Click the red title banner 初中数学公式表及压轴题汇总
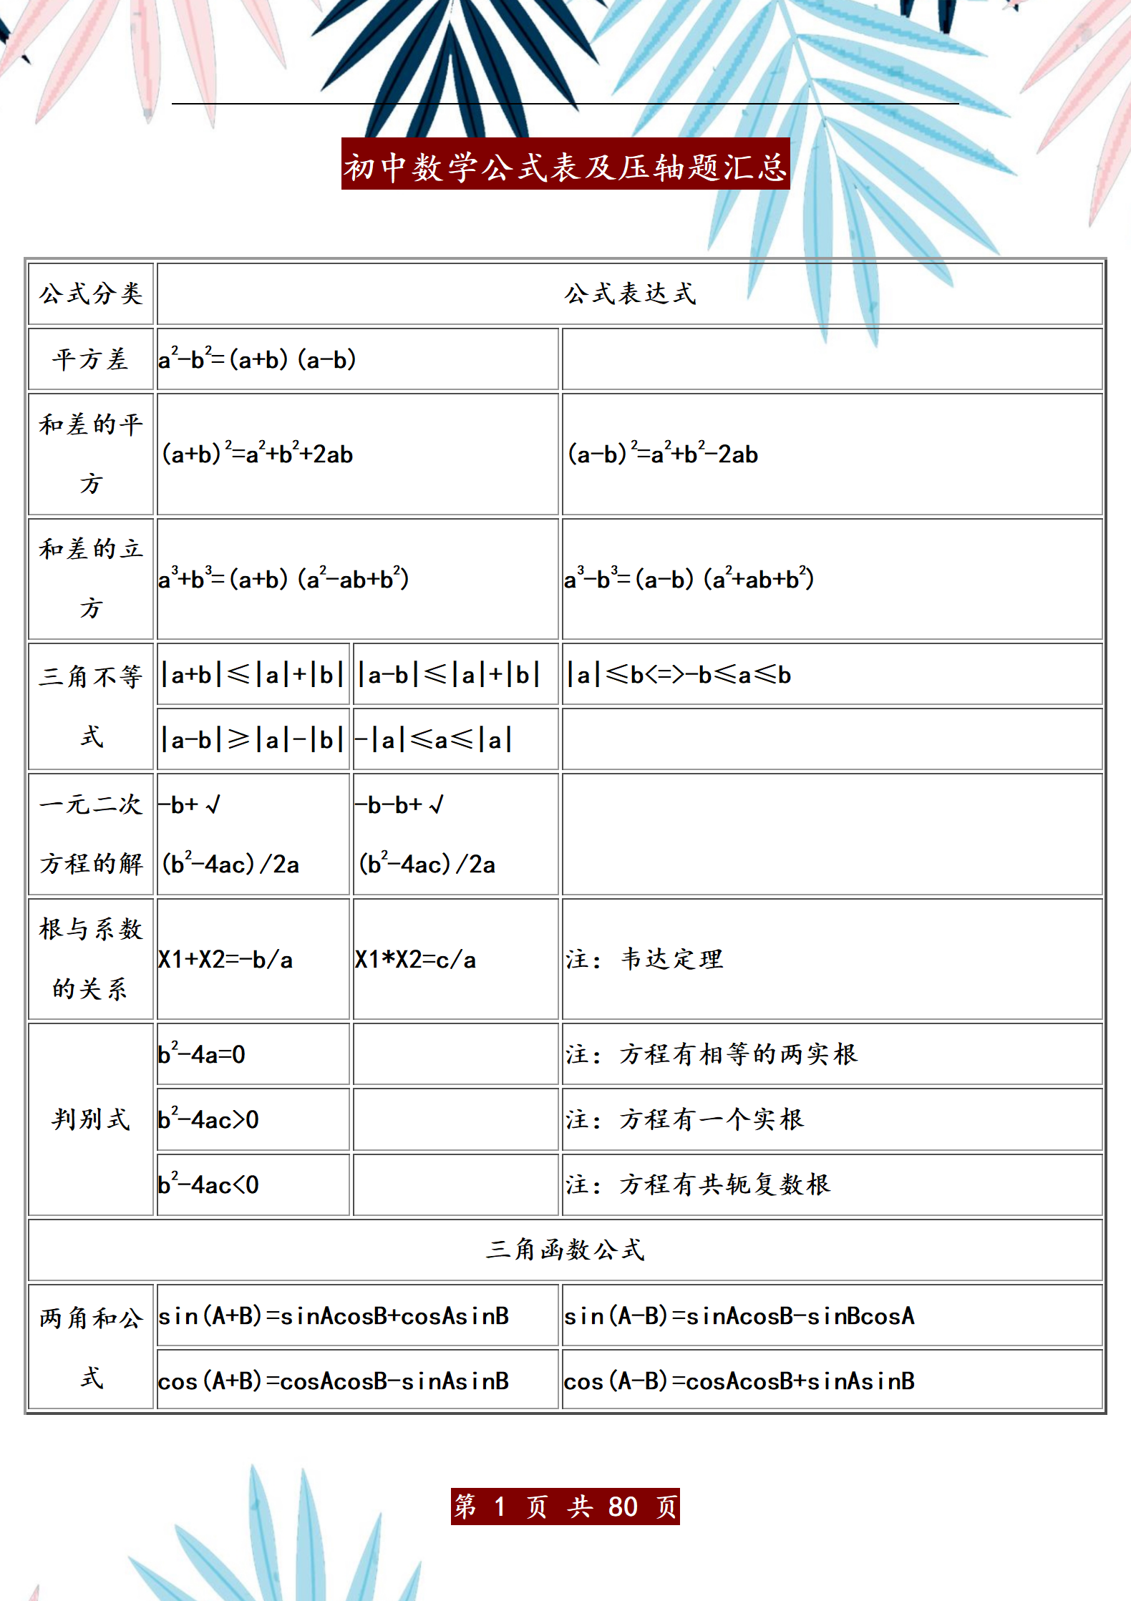point(565,165)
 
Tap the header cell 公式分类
point(91,294)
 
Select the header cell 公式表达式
point(630,294)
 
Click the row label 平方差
point(91,359)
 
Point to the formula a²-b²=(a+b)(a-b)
point(258,359)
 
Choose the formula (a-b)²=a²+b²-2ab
point(663,454)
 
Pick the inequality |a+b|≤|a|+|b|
point(253,675)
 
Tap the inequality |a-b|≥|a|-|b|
point(253,739)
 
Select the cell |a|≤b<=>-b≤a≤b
point(679,675)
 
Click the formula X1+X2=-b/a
point(225,960)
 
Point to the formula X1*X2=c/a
point(416,960)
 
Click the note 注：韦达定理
point(645,960)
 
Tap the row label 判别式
point(91,1119)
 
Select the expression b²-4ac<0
point(209,1185)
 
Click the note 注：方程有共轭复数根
point(699,1185)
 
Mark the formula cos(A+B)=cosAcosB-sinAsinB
point(334,1381)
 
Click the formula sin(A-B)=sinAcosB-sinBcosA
point(739,1315)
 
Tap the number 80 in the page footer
point(623,1507)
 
